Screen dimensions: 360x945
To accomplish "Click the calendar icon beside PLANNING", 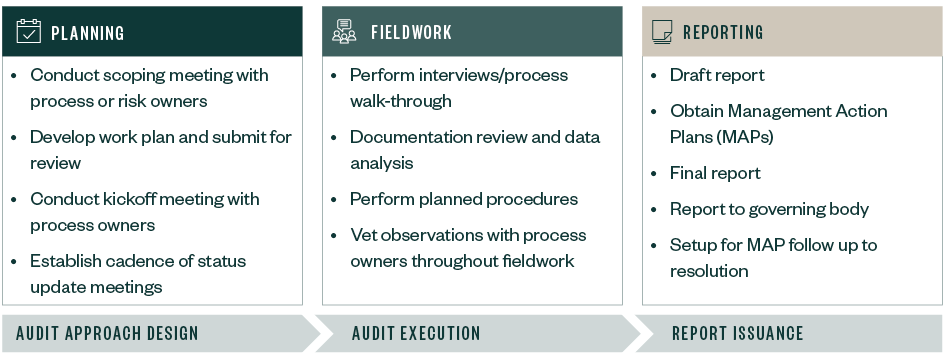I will click(x=29, y=32).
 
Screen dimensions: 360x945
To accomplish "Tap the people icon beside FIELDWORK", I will click(x=344, y=32).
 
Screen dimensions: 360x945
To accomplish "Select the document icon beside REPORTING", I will click(x=661, y=32).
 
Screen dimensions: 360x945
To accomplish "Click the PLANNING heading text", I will click(x=88, y=33).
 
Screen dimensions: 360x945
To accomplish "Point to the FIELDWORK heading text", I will click(x=411, y=33).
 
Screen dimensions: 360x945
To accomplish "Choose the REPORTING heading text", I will click(x=723, y=33).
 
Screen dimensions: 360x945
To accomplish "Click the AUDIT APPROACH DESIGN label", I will click(x=107, y=333).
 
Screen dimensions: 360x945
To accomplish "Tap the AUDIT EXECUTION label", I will click(x=416, y=333).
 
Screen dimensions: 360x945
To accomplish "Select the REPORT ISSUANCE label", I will click(x=737, y=333).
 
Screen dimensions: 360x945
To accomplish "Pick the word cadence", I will click(x=138, y=261).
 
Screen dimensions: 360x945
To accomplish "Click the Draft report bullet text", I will click(x=717, y=75).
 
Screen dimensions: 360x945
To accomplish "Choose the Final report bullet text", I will click(x=715, y=173).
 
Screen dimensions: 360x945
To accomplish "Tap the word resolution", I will click(x=709, y=271).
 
